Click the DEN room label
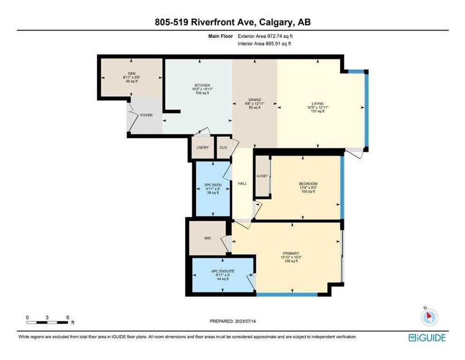(x=132, y=74)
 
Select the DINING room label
(x=254, y=100)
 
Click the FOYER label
(x=146, y=115)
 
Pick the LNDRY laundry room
(x=202, y=148)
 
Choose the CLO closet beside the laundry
(x=223, y=148)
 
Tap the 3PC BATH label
(x=212, y=185)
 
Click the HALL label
(x=242, y=183)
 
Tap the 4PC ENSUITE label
(x=222, y=271)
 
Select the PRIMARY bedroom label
(x=291, y=253)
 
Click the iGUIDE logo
(x=427, y=338)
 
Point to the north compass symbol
(x=429, y=317)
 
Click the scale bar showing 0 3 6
(x=47, y=322)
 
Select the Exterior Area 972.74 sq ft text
(x=268, y=36)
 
